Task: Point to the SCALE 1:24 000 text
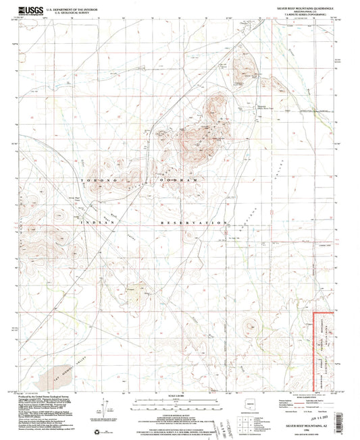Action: coord(179,395)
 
